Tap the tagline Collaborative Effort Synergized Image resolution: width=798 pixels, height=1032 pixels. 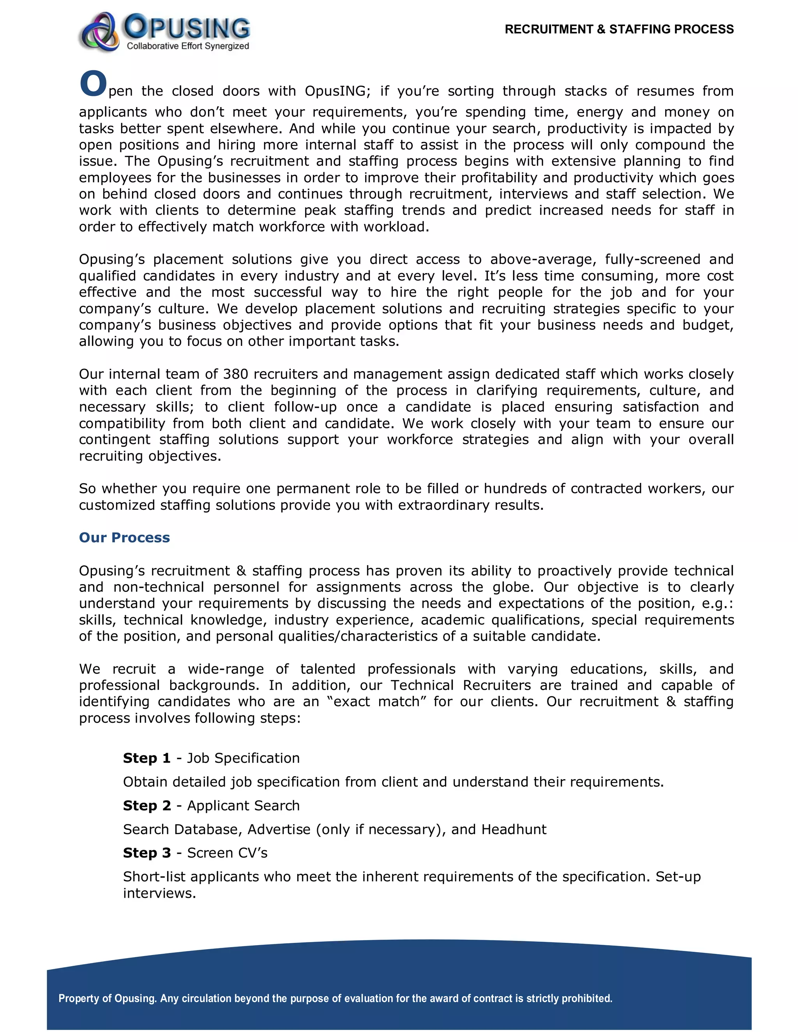tap(188, 46)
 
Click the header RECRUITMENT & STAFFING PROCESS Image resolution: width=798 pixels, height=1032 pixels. tap(619, 29)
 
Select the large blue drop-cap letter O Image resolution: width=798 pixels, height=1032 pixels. tap(93, 84)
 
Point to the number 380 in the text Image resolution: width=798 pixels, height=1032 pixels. tap(235, 374)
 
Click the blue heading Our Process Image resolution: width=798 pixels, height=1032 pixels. tap(124, 537)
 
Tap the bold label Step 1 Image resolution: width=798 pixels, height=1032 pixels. tap(147, 758)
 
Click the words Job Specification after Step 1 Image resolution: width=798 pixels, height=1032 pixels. tap(243, 758)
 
